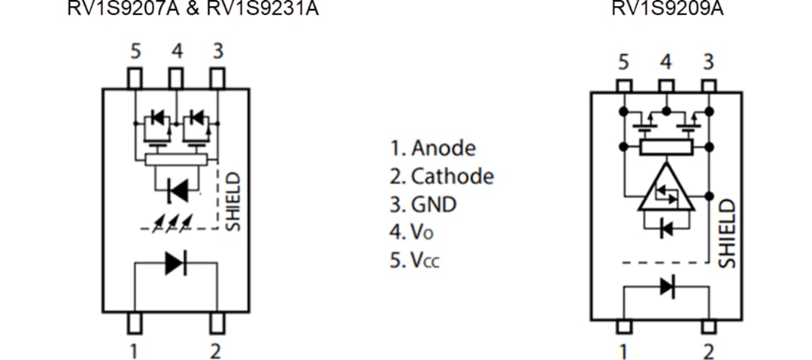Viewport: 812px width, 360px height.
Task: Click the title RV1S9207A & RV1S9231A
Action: click(193, 8)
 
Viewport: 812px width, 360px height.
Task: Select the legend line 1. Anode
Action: click(432, 147)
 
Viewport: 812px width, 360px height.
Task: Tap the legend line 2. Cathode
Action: click(441, 176)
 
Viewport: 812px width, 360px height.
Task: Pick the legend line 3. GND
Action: click(423, 204)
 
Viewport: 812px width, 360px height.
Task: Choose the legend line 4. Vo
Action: click(417, 232)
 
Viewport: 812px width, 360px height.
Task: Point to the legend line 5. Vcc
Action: click(420, 260)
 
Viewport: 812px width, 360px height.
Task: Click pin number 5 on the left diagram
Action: click(135, 52)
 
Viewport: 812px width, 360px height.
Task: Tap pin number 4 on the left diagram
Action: click(176, 52)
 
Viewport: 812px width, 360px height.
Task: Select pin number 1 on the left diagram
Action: click(134, 350)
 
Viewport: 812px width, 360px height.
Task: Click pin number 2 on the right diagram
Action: click(708, 350)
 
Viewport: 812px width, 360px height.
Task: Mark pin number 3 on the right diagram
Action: click(707, 62)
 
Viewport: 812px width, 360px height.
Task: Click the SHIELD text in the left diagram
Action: click(234, 201)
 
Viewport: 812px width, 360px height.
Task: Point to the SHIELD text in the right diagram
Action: click(726, 233)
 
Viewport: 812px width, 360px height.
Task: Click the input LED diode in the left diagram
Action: click(175, 263)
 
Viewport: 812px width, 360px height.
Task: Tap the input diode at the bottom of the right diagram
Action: click(666, 286)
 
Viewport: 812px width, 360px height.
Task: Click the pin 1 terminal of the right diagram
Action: click(623, 327)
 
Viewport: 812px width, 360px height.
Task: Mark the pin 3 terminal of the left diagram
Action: click(217, 77)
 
